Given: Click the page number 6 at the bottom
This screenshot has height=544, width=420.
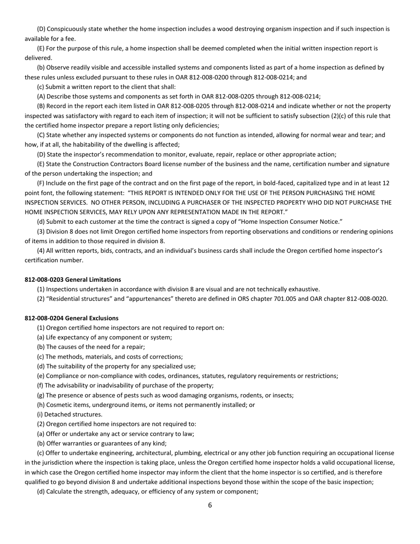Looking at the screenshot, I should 210,505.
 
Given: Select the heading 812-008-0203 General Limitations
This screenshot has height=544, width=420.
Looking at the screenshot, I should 73,280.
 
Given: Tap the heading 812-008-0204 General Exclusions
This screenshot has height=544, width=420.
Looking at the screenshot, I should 72,318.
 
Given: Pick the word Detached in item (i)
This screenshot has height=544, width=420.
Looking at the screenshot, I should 57,414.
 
